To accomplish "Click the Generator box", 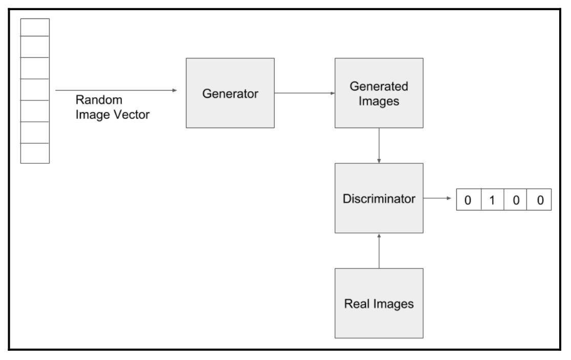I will [x=230, y=93].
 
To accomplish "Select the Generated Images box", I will [x=379, y=93].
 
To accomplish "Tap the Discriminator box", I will [x=379, y=198].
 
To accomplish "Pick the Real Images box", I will [x=379, y=303].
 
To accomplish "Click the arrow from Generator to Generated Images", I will [x=304, y=93].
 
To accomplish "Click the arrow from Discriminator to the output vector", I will [x=439, y=198].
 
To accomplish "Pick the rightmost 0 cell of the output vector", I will [x=539, y=200].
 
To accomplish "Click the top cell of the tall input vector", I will [x=35, y=27].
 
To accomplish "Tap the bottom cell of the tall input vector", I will [x=35, y=153].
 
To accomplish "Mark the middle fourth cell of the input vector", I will [x=35, y=90].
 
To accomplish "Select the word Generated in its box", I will [x=379, y=87].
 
